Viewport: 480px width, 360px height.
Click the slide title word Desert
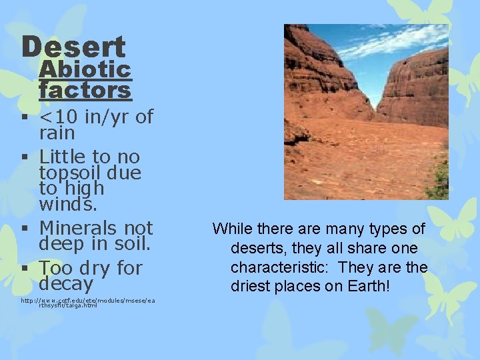(73, 47)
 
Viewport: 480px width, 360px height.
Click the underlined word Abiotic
(85, 69)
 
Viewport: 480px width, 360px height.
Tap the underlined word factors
(85, 89)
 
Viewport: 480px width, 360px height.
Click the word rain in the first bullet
(57, 133)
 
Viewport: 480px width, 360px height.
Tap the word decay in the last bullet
(66, 284)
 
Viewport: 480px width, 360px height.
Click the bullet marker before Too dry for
(25, 269)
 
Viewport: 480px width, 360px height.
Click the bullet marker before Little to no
(25, 157)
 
